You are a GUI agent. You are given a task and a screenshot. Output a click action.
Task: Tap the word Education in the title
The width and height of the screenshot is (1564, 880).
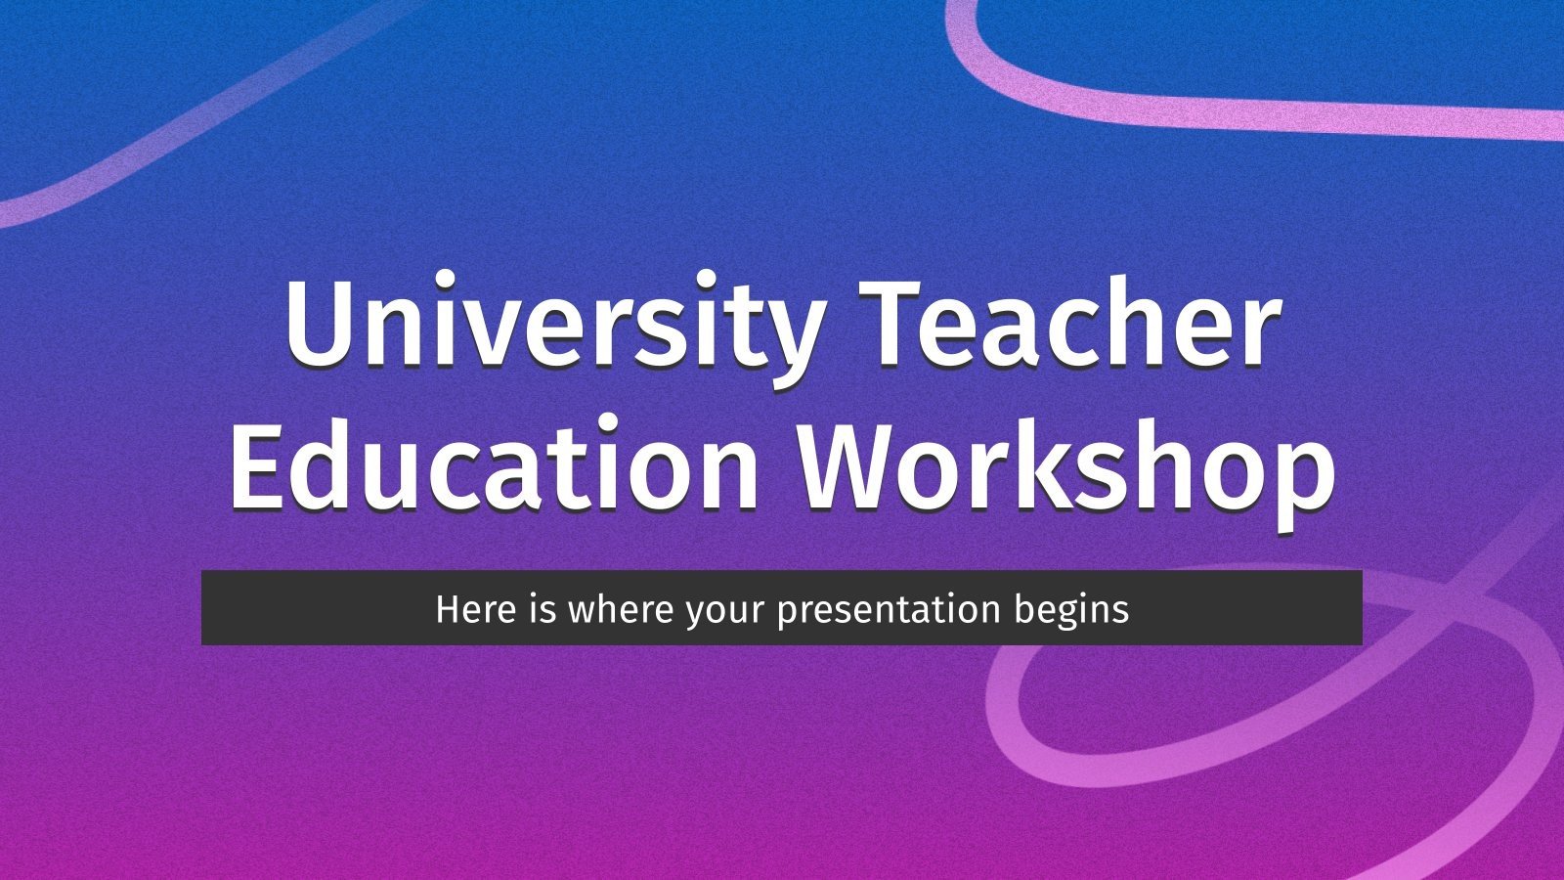tap(494, 463)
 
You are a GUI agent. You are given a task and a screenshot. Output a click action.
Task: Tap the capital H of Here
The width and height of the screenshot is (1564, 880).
tap(448, 608)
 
